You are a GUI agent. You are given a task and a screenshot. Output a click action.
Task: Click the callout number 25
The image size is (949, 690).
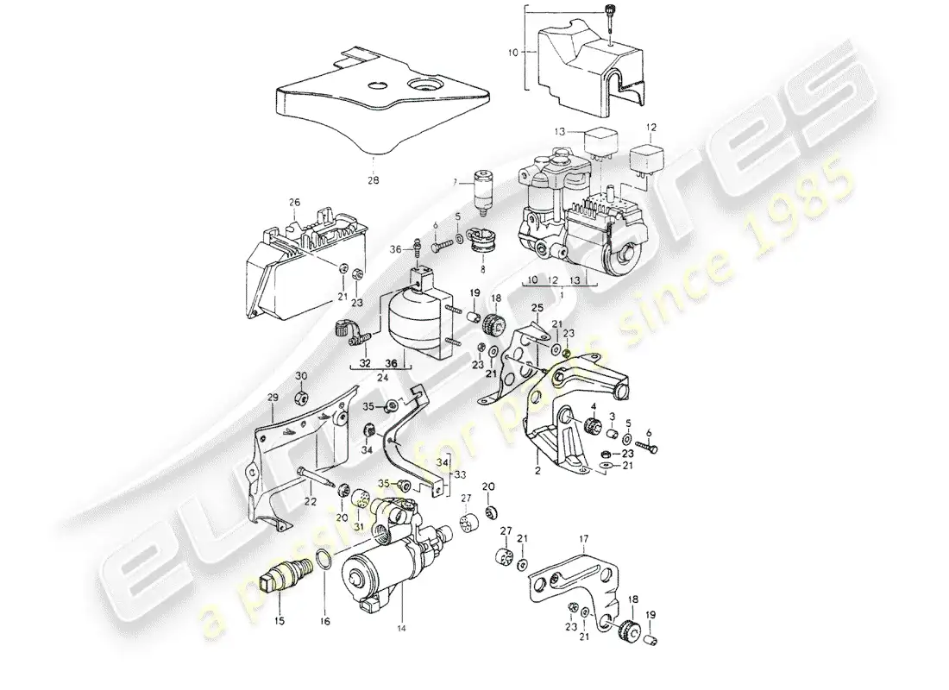tap(536, 308)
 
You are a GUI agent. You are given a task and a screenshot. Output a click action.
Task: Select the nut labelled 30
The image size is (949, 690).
tap(302, 398)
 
